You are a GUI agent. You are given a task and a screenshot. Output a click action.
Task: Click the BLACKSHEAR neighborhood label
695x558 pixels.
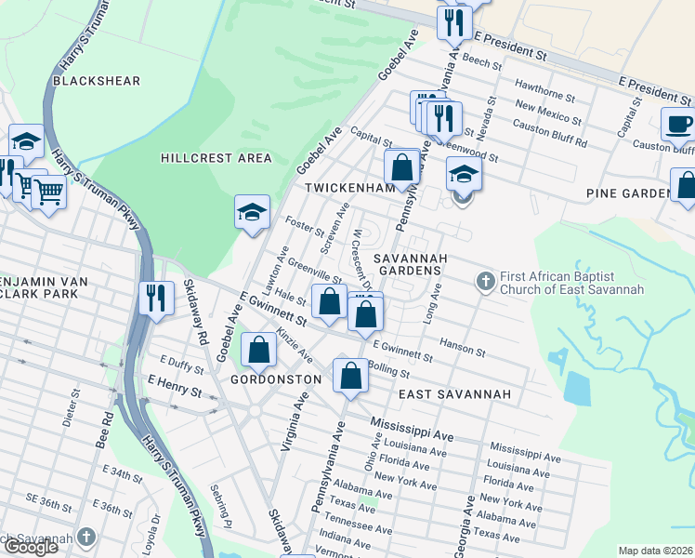tap(97, 81)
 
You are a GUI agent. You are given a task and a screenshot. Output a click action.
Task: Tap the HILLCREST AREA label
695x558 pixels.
tap(216, 158)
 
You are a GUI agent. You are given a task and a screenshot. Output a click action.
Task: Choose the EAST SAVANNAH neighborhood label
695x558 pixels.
tap(455, 394)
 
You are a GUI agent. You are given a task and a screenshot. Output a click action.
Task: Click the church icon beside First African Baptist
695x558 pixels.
tap(484, 280)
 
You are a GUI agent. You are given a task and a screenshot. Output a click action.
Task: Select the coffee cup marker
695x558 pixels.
tap(677, 124)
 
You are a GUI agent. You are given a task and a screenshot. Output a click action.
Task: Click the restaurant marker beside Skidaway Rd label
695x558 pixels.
tap(154, 298)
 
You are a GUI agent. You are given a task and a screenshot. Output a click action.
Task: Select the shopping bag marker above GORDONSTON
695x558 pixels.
tap(259, 350)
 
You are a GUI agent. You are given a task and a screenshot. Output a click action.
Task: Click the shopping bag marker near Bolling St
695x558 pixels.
tap(350, 377)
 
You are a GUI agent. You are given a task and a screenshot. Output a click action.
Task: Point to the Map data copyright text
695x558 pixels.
tap(655, 551)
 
